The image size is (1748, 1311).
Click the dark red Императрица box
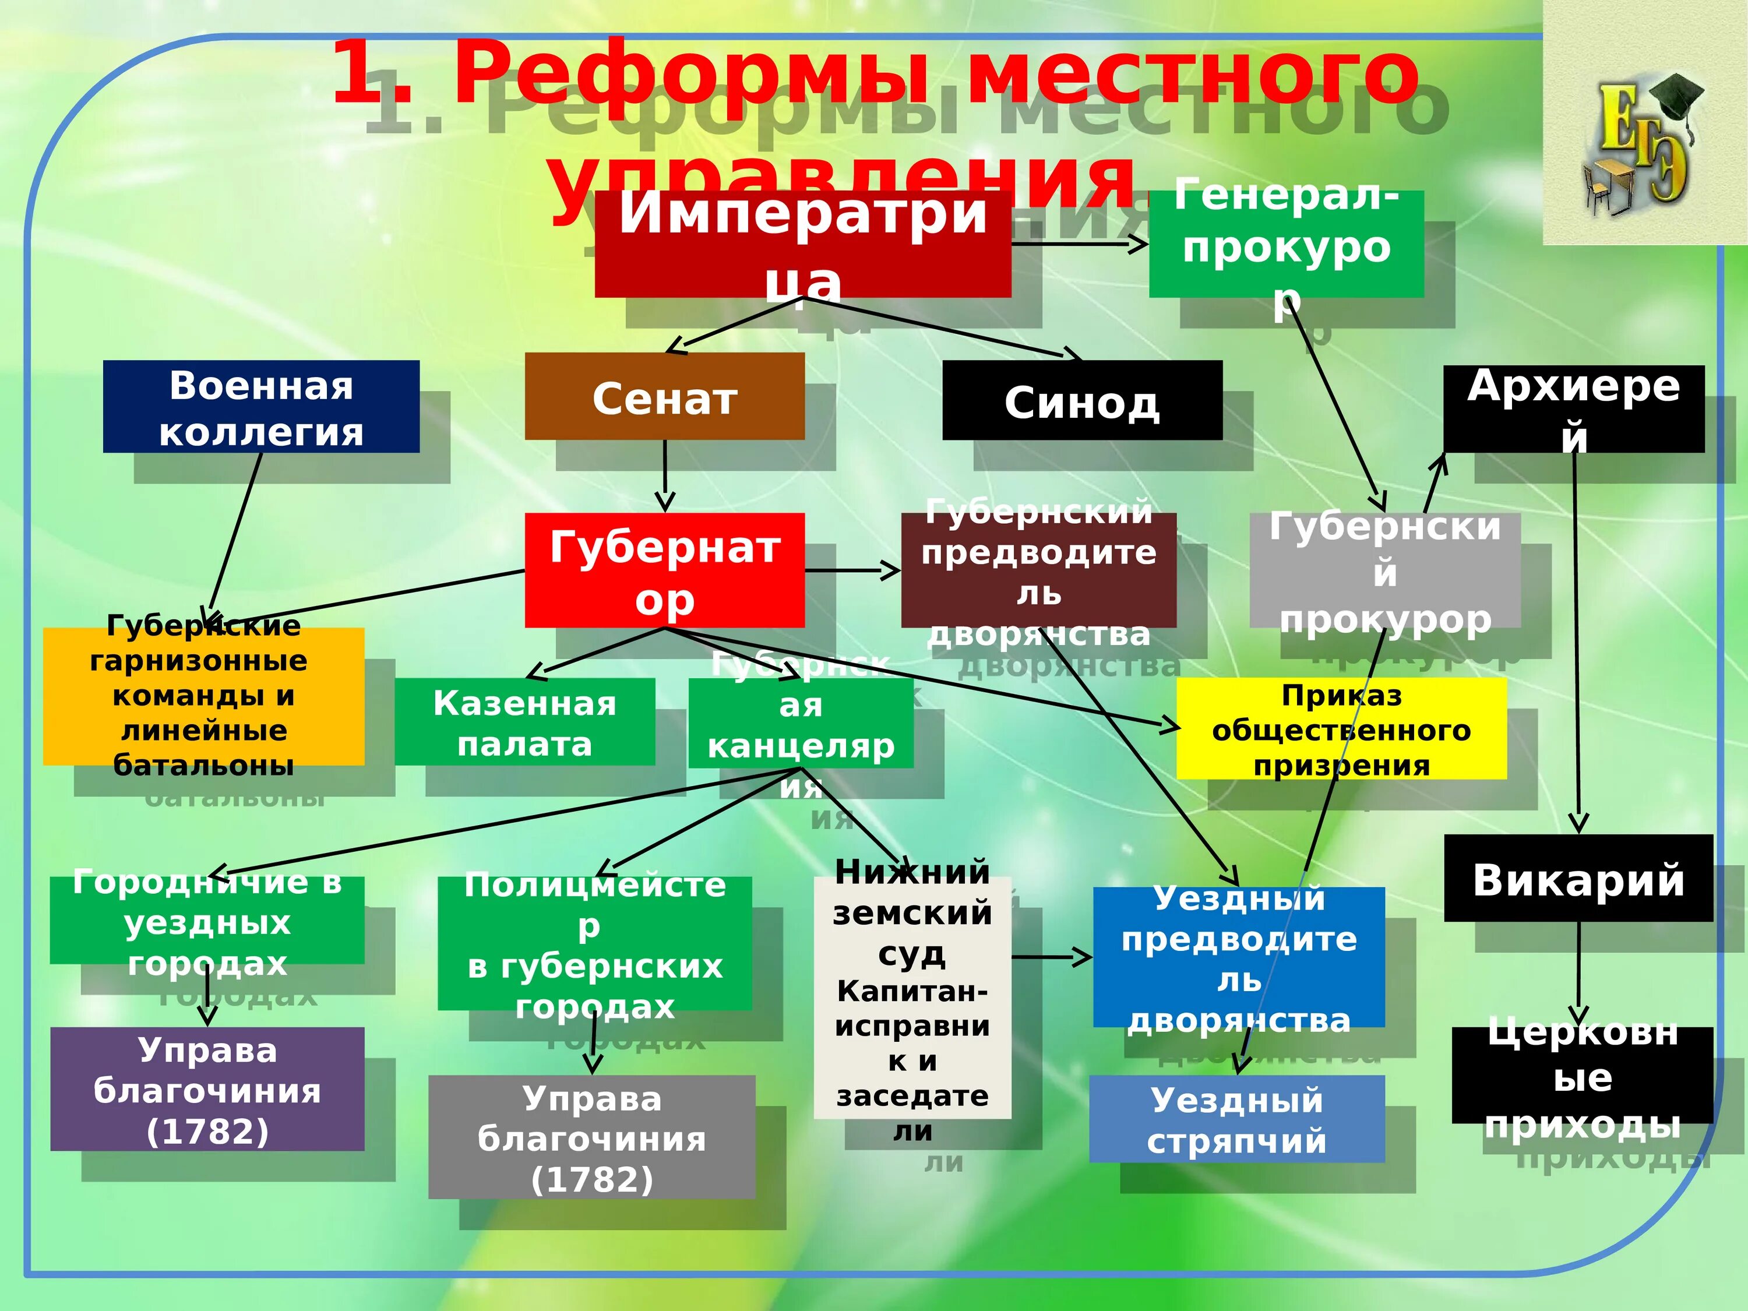click(802, 244)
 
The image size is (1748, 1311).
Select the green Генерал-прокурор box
click(1286, 244)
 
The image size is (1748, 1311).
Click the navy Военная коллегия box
click(261, 406)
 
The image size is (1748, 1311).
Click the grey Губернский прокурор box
click(1384, 570)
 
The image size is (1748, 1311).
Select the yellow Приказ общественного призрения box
click(1341, 728)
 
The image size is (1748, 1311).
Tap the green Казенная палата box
click(525, 721)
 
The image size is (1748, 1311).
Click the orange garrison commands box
click(203, 696)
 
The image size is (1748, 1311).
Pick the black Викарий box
click(1578, 878)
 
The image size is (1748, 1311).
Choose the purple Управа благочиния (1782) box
click(207, 1089)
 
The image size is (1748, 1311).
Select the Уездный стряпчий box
click(1237, 1118)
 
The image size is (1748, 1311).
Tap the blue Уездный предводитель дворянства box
click(1238, 957)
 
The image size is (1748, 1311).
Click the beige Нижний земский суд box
click(912, 998)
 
